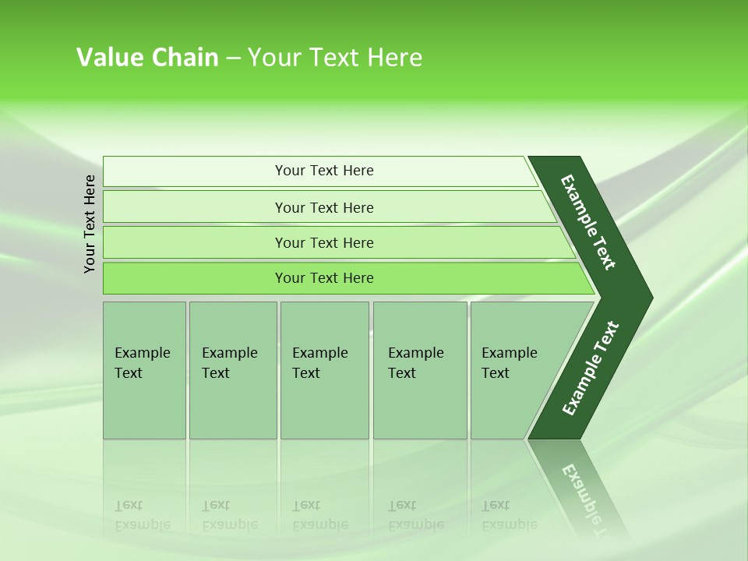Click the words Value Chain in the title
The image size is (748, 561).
(147, 57)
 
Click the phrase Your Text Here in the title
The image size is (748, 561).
(335, 57)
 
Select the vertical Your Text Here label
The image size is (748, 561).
(90, 224)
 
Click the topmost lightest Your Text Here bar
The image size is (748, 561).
(324, 171)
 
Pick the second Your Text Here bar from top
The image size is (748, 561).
(324, 207)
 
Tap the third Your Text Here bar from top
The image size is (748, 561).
(324, 242)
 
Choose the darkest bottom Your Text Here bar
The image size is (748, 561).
(324, 278)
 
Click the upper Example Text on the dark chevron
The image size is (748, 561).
(589, 222)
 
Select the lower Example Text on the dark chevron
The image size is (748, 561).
(591, 368)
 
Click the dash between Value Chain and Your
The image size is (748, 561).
(233, 58)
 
